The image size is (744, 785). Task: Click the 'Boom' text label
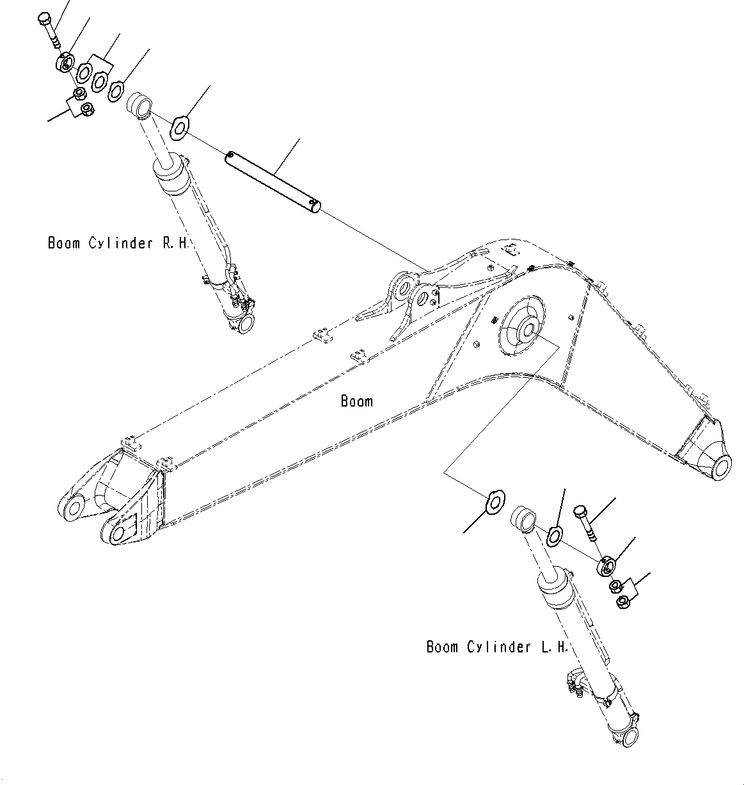[356, 401]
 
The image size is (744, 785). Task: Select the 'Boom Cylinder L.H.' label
[497, 647]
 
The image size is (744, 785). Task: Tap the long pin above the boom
[274, 180]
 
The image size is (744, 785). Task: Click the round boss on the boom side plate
[528, 329]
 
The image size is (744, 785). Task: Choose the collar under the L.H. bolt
[606, 566]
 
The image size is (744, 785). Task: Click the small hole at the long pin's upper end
[230, 154]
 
